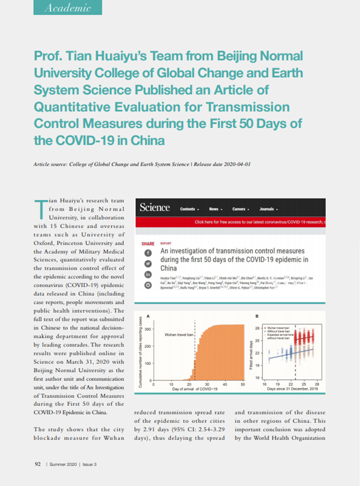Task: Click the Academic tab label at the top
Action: (x=67, y=7)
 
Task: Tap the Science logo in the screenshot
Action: (x=155, y=208)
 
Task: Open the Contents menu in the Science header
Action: (x=189, y=209)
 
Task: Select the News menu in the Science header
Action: (x=216, y=209)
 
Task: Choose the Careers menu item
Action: (x=241, y=209)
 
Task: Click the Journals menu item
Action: (x=269, y=209)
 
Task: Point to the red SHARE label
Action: (x=148, y=244)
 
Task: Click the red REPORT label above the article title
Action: (x=166, y=243)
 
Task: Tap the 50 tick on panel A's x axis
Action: (x=243, y=385)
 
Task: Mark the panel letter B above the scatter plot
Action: (x=256, y=316)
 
